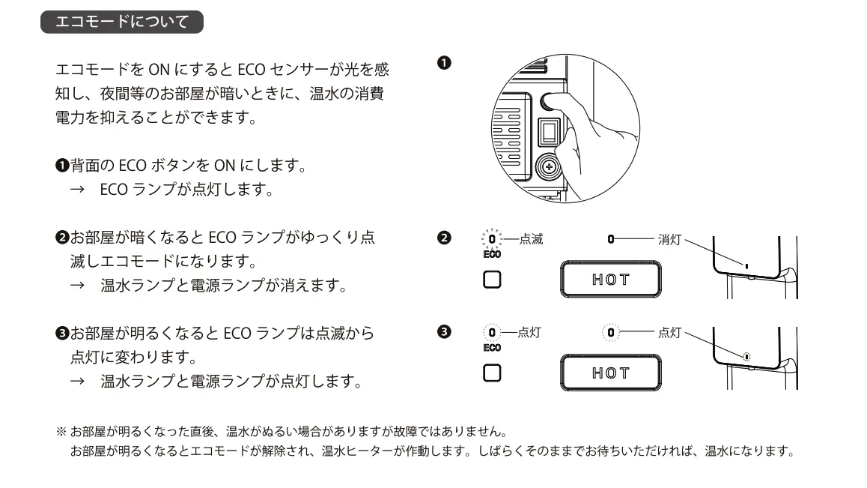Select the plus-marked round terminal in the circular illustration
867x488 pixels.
550,167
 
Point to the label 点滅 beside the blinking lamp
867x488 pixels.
531,239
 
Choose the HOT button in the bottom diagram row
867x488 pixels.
610,373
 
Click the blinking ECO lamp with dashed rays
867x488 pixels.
491,240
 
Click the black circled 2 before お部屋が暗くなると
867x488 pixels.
62,240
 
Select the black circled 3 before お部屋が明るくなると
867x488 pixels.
62,332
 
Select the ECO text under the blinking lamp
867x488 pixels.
492,255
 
